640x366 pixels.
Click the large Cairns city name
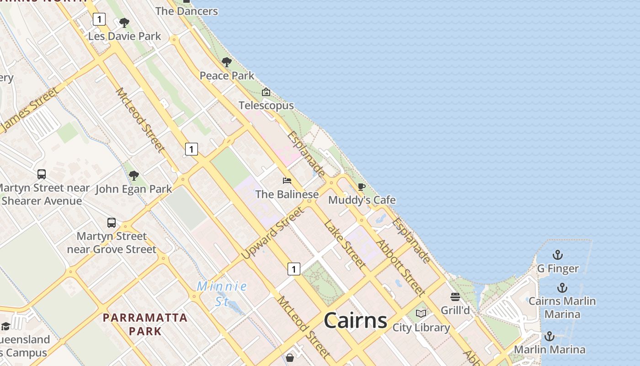pyautogui.click(x=355, y=320)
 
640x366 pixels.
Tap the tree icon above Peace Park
pyautogui.click(x=226, y=62)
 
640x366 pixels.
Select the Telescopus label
pyautogui.click(x=266, y=106)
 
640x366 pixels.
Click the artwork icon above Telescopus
pyautogui.click(x=266, y=92)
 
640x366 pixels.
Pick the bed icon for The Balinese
pyautogui.click(x=287, y=181)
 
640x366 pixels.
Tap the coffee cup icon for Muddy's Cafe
pyautogui.click(x=361, y=187)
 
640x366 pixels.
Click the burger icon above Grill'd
pyautogui.click(x=455, y=297)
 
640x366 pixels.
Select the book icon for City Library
pyautogui.click(x=421, y=314)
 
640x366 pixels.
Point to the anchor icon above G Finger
pyautogui.click(x=558, y=255)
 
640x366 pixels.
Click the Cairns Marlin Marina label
pyautogui.click(x=562, y=307)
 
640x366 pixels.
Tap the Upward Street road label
pyautogui.click(x=272, y=233)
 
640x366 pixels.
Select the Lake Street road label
pyautogui.click(x=345, y=244)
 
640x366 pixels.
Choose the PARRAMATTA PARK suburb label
pyautogui.click(x=145, y=324)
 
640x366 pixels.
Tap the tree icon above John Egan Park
pyautogui.click(x=133, y=175)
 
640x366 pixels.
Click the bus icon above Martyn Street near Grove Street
pyautogui.click(x=112, y=223)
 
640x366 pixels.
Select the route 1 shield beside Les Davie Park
pyautogui.click(x=99, y=19)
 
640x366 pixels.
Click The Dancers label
pyautogui.click(x=187, y=11)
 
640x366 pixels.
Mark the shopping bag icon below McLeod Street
pyautogui.click(x=289, y=357)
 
